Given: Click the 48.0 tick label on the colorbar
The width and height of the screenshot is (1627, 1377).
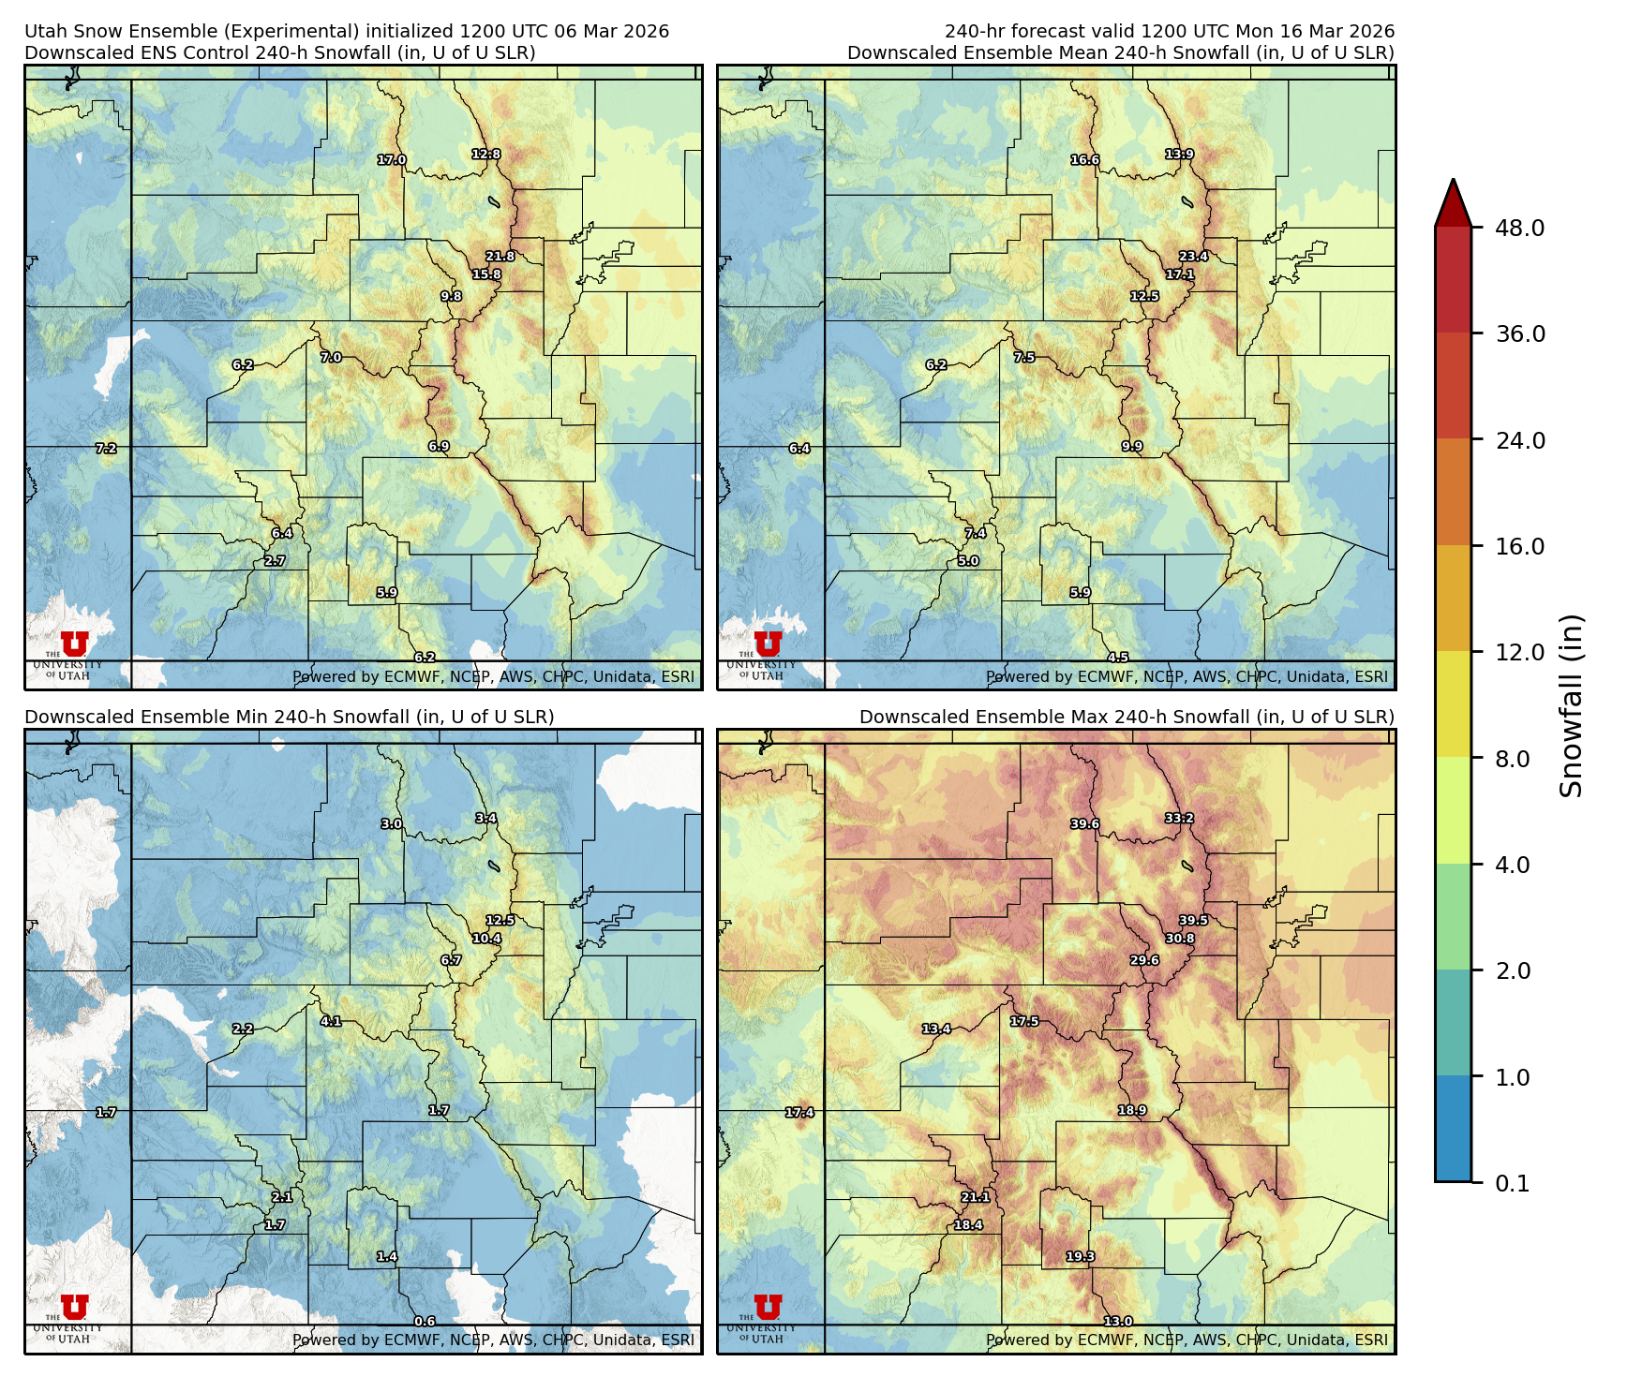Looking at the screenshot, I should [x=1519, y=228].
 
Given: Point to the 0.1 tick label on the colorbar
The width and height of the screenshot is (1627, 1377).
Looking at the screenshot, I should [x=1512, y=1183].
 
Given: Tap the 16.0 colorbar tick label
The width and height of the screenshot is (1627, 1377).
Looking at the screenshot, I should [x=1519, y=546].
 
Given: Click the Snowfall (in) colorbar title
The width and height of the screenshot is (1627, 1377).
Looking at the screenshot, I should [x=1572, y=705].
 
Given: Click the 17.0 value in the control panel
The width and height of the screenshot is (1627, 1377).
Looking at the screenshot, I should [x=392, y=160].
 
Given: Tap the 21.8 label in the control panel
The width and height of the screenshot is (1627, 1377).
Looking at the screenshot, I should [x=500, y=257].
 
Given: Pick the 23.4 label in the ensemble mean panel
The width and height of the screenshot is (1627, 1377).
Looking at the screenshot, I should [x=1193, y=257].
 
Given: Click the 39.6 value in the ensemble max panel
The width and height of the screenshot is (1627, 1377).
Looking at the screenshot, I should [x=1085, y=824].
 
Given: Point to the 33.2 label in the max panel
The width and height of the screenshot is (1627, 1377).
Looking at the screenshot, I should [x=1179, y=819].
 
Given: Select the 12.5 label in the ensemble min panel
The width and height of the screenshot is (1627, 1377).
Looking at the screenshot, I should [x=500, y=921].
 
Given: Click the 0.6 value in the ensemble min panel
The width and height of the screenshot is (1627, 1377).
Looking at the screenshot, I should [x=425, y=1322].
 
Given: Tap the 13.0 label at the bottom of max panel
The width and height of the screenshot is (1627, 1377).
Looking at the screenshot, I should [x=1118, y=1322].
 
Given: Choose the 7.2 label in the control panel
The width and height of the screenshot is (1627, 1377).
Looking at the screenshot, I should [x=106, y=449].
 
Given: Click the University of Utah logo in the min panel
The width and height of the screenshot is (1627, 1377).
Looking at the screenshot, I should [x=74, y=1315].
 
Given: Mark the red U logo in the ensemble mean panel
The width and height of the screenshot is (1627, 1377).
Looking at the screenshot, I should [x=768, y=644].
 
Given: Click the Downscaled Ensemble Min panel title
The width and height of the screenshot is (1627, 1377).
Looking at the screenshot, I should [x=289, y=717].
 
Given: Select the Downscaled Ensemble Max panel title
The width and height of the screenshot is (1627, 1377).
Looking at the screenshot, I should [x=1127, y=717].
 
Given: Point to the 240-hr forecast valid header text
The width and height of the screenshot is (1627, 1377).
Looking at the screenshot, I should [x=1169, y=32].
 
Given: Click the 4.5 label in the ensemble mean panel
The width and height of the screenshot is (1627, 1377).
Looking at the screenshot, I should [x=1118, y=659].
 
